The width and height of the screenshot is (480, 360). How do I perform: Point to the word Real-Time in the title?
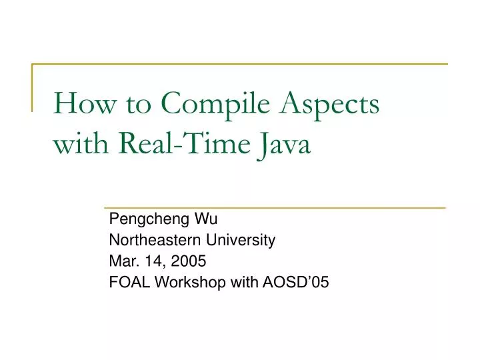coord(187,143)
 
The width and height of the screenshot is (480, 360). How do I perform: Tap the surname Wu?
coord(203,219)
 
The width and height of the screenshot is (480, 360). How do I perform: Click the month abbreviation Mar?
coord(121,261)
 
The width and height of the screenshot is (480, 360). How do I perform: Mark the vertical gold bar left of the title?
coord(32,87)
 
